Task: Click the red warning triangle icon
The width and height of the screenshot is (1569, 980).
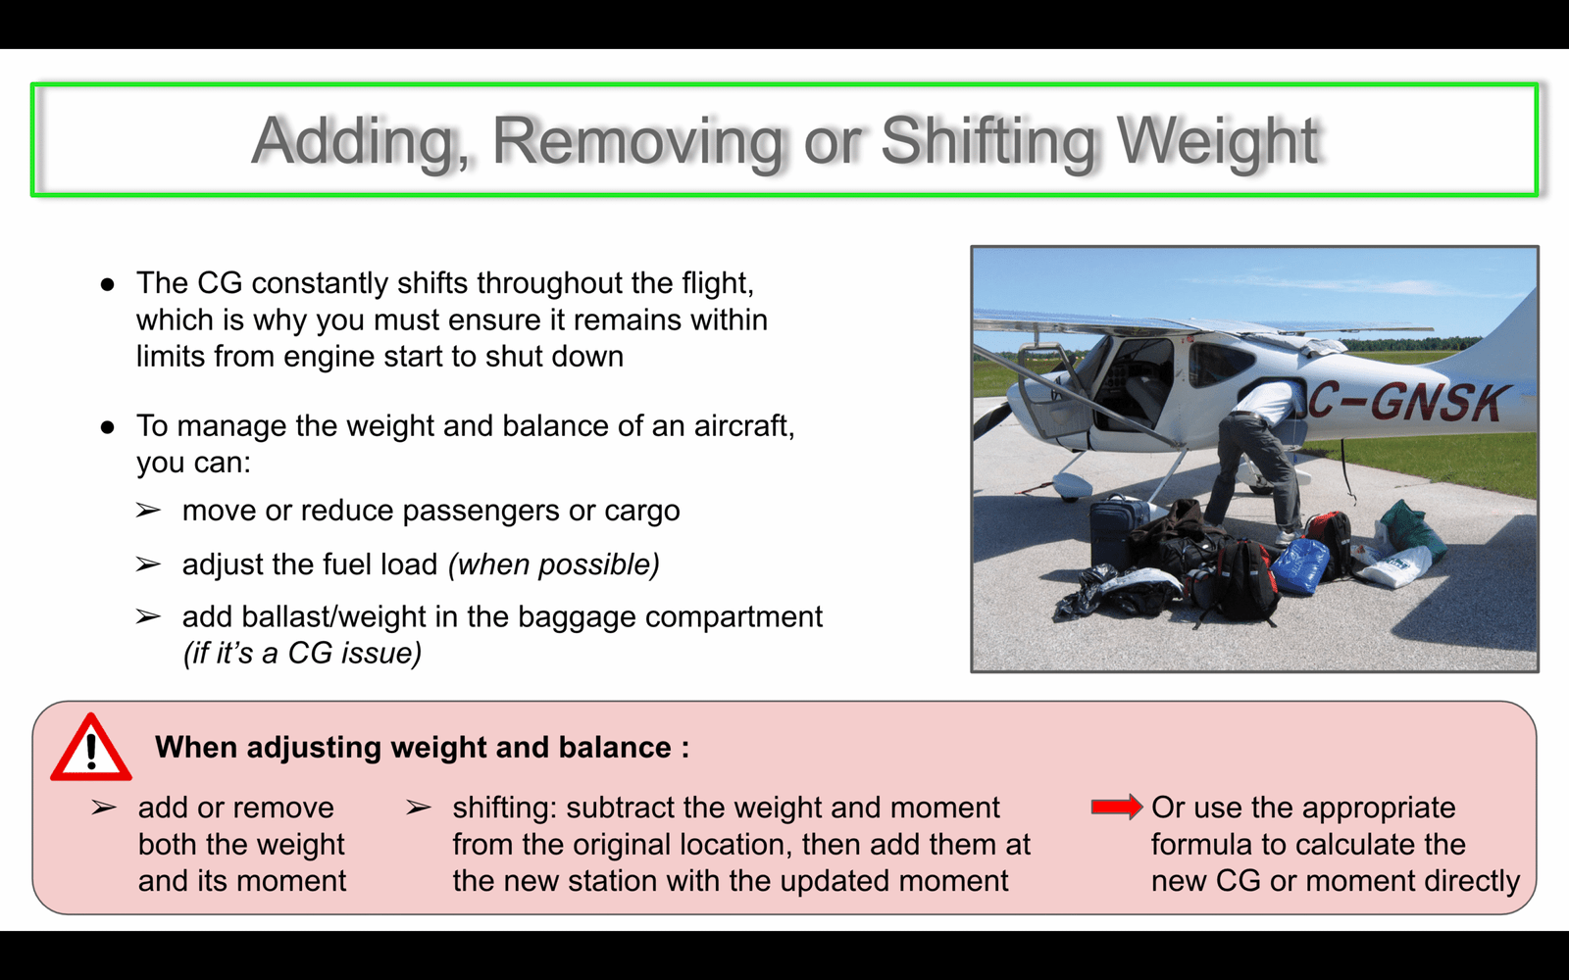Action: coord(91,748)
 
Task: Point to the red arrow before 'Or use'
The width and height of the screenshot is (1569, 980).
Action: coord(1117,808)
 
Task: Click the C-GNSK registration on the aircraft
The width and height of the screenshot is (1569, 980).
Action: coord(1404,402)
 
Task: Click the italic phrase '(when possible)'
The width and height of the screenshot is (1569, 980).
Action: coord(553,564)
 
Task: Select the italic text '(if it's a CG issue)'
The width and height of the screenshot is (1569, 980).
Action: coord(302,653)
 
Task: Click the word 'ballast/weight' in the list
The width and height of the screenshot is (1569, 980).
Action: coord(332,617)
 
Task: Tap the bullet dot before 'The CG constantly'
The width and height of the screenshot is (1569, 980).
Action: coord(107,284)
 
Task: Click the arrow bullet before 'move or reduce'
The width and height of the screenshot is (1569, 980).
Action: coord(148,511)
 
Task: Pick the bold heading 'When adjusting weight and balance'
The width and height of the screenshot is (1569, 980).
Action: coord(423,748)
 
